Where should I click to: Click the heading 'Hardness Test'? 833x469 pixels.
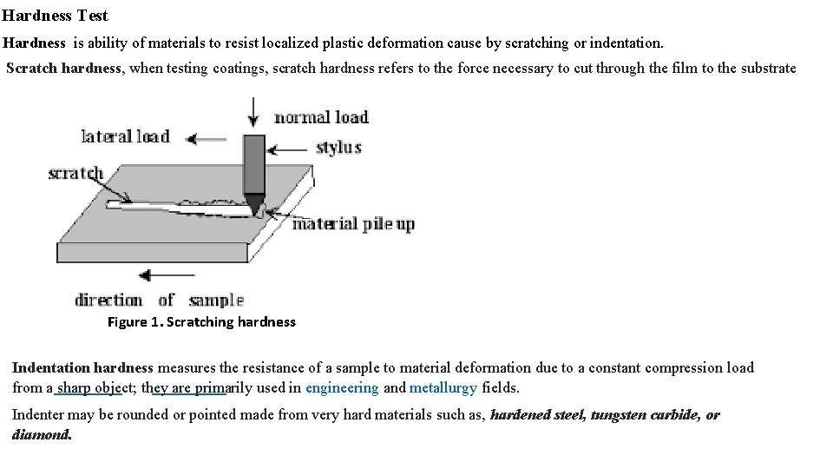click(55, 16)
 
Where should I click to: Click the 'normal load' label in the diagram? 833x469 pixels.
click(321, 117)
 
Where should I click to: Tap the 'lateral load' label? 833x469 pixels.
click(125, 136)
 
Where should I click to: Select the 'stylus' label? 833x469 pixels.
click(338, 147)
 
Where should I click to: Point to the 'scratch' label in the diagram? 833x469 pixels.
click(75, 173)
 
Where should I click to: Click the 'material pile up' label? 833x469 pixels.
click(353, 224)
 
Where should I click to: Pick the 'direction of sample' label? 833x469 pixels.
click(159, 301)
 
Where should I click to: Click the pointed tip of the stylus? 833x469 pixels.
click(255, 211)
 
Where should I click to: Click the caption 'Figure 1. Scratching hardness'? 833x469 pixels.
click(201, 322)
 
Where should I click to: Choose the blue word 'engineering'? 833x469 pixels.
click(342, 388)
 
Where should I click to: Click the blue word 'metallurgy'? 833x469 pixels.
click(443, 388)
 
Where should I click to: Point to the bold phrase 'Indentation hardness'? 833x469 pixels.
click(82, 368)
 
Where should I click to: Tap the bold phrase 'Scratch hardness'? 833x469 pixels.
click(64, 69)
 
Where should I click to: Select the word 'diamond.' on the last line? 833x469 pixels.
click(42, 434)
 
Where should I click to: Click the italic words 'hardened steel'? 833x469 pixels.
click(537, 415)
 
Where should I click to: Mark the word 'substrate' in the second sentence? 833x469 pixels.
click(768, 69)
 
